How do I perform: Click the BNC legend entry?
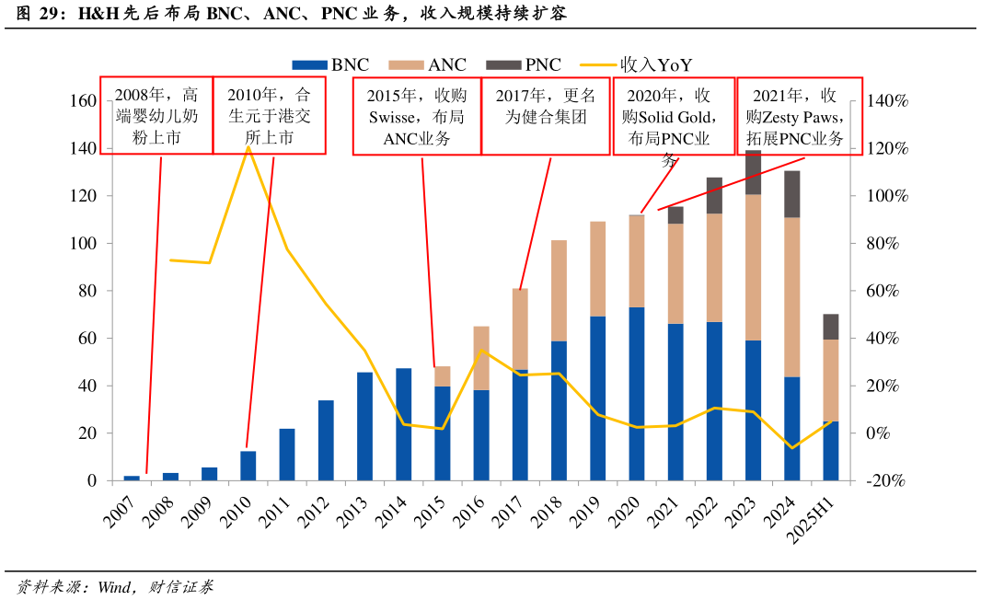(330, 65)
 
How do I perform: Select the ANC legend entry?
(427, 65)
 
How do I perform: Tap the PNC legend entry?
(524, 65)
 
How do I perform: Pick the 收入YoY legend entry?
(636, 65)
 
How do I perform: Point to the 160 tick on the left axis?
(83, 101)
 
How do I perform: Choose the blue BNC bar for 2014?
(404, 424)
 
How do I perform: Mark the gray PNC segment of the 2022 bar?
(714, 195)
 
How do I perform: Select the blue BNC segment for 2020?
(637, 394)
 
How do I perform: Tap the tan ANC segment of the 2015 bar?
(443, 376)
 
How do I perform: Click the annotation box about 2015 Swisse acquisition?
(417, 117)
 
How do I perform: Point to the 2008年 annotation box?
(156, 117)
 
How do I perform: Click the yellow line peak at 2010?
(248, 146)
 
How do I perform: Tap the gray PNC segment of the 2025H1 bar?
(830, 327)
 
